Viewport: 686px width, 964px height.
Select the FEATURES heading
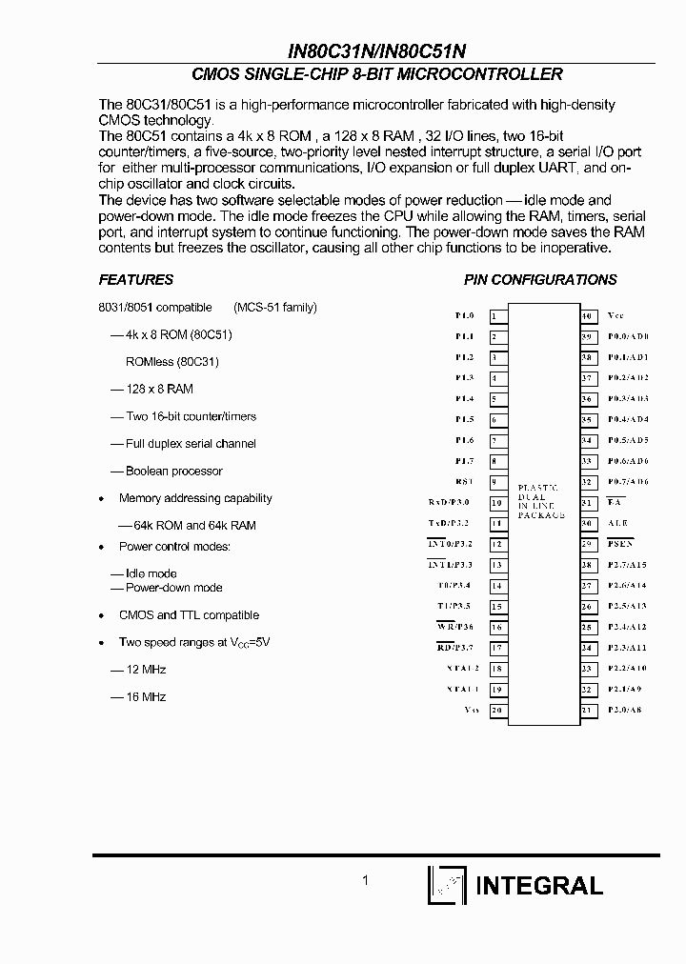click(x=136, y=280)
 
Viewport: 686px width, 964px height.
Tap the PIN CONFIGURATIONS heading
click(x=540, y=280)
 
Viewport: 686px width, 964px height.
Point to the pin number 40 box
click(x=589, y=315)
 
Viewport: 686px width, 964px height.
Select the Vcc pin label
click(x=615, y=315)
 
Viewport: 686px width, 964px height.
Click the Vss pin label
click(x=471, y=710)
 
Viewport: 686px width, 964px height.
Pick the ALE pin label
click(x=618, y=523)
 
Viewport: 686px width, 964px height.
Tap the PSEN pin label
click(x=620, y=544)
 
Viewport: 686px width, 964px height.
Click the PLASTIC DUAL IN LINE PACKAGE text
click(x=542, y=501)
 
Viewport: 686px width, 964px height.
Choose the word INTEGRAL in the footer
click(x=538, y=885)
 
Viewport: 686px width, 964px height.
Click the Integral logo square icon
click(x=446, y=885)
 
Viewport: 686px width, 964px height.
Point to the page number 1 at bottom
click(x=365, y=881)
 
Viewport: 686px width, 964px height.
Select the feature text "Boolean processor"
click(x=173, y=471)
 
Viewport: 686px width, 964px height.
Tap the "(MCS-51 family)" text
click(x=275, y=308)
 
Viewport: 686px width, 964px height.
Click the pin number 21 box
click(x=589, y=710)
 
